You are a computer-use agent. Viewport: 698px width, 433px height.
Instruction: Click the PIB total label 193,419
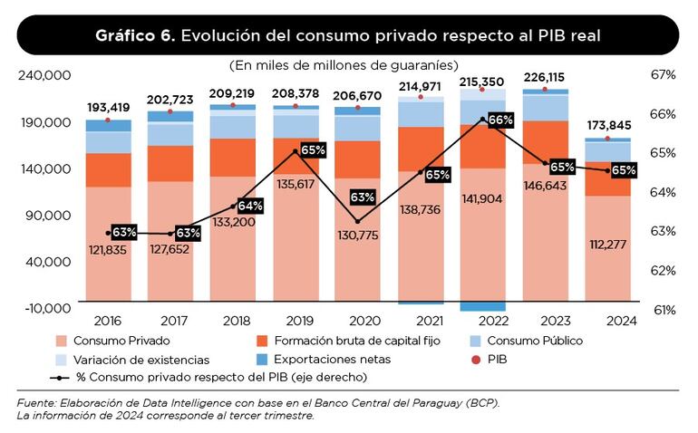pyautogui.click(x=108, y=108)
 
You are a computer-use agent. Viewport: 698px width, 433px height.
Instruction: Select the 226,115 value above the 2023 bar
pyautogui.click(x=545, y=77)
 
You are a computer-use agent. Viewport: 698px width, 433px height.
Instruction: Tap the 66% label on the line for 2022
pyautogui.click(x=500, y=120)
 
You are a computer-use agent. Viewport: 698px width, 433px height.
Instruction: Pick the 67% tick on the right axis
pyautogui.click(x=664, y=75)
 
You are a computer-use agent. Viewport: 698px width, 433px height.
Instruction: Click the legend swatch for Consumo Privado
pyautogui.click(x=62, y=342)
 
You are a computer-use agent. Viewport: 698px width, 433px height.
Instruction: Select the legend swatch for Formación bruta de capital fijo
pyautogui.click(x=263, y=342)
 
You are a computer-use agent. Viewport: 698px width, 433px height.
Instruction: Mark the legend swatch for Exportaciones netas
pyautogui.click(x=263, y=360)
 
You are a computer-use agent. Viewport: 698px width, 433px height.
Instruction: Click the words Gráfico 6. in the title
pyautogui.click(x=136, y=35)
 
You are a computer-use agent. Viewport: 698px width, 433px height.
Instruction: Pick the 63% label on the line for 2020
pyautogui.click(x=363, y=197)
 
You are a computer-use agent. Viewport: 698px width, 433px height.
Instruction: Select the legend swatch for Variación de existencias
pyautogui.click(x=62, y=360)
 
